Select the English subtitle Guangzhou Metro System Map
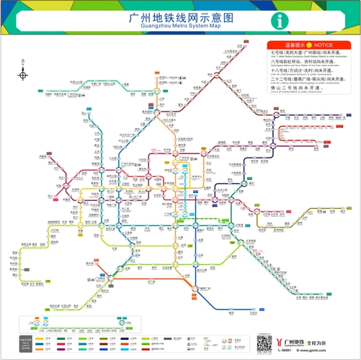[180, 27]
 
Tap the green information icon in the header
[277, 21]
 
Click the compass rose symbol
[23, 74]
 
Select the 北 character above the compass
[23, 62]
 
